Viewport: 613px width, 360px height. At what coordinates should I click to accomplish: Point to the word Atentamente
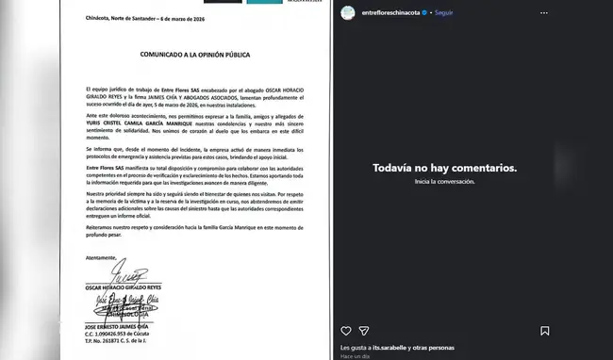74,256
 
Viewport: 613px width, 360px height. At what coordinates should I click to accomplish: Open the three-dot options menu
597,13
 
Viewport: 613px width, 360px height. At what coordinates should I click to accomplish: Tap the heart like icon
344,331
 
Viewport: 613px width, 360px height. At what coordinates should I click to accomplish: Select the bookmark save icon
597,331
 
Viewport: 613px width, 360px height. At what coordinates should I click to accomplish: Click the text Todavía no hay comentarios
472,168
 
